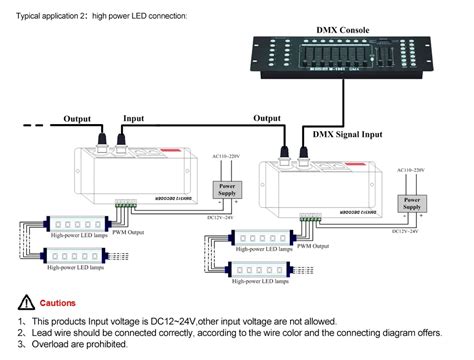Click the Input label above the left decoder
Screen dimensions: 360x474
(x=134, y=118)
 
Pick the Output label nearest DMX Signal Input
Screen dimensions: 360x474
(x=267, y=118)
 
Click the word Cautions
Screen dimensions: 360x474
(x=59, y=302)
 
